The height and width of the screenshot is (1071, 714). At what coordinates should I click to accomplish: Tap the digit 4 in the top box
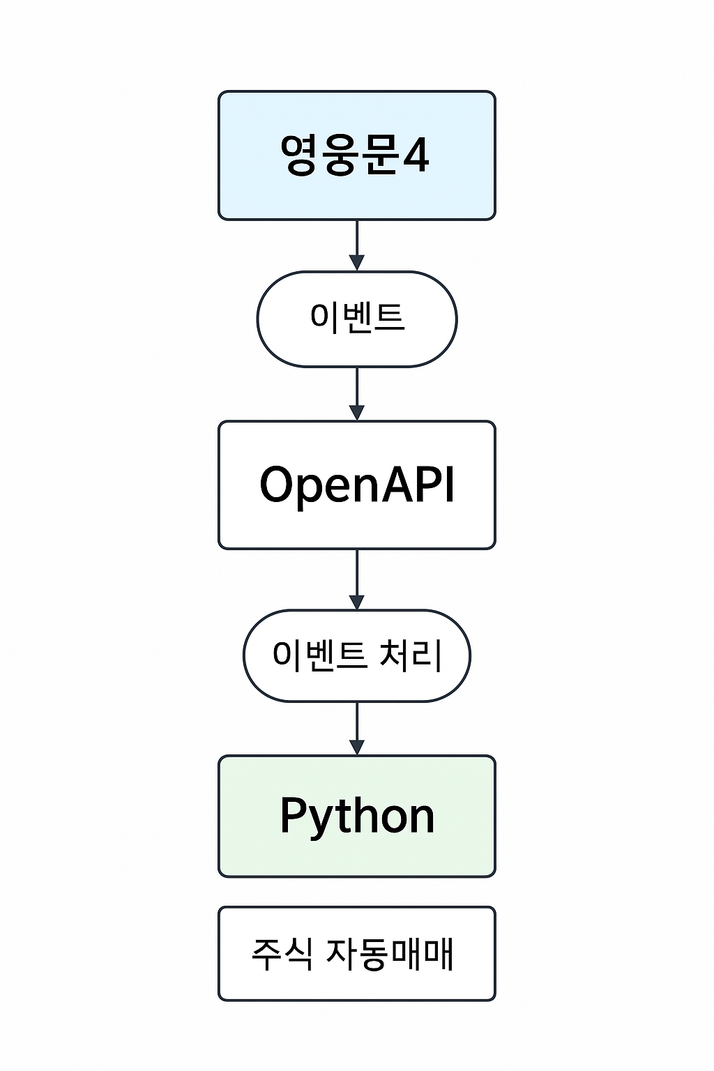click(x=416, y=155)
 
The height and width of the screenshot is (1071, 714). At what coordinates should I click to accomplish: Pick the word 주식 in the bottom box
click(x=282, y=953)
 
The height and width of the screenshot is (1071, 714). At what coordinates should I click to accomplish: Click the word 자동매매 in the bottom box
click(x=390, y=953)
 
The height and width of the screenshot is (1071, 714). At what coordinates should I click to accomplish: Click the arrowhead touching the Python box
click(x=356, y=747)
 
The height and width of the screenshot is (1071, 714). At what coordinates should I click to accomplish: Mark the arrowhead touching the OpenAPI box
click(x=356, y=413)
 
